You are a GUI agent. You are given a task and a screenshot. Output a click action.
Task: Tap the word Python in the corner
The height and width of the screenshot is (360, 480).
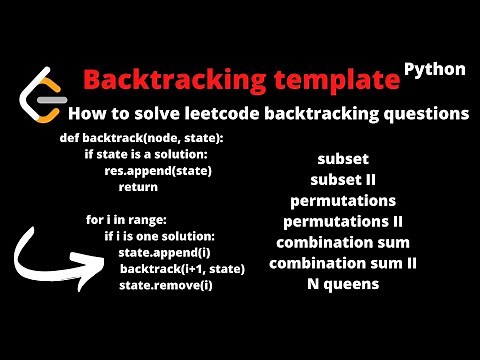[x=435, y=69]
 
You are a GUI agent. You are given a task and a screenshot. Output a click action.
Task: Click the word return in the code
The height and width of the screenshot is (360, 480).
[x=138, y=187]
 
